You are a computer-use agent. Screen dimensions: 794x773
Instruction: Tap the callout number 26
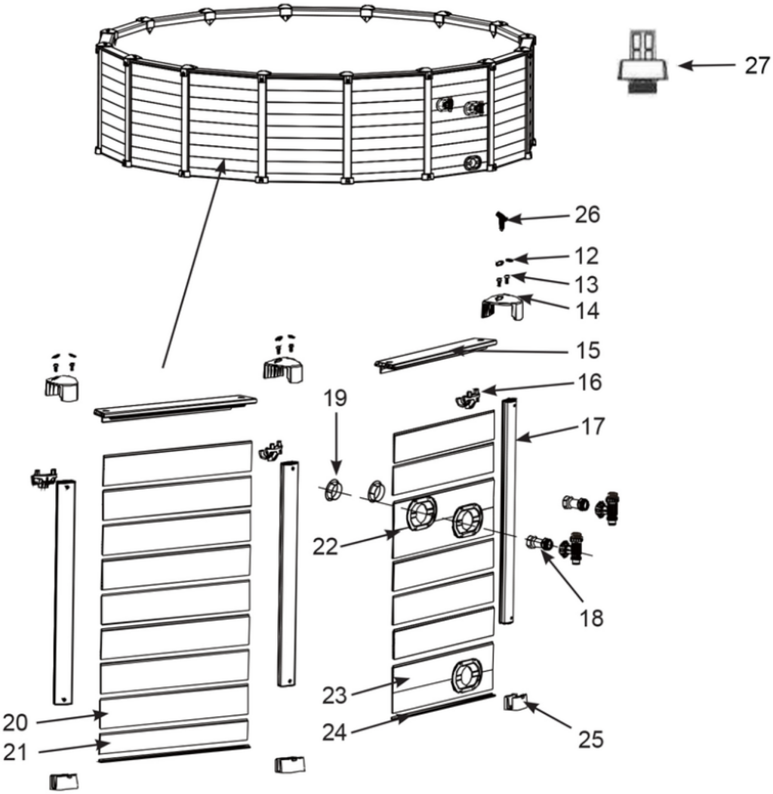[x=587, y=216]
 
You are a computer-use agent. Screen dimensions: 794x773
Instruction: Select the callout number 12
[x=587, y=257]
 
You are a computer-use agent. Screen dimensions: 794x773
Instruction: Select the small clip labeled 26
[x=502, y=220]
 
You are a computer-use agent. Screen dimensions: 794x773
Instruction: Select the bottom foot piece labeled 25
[x=514, y=703]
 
